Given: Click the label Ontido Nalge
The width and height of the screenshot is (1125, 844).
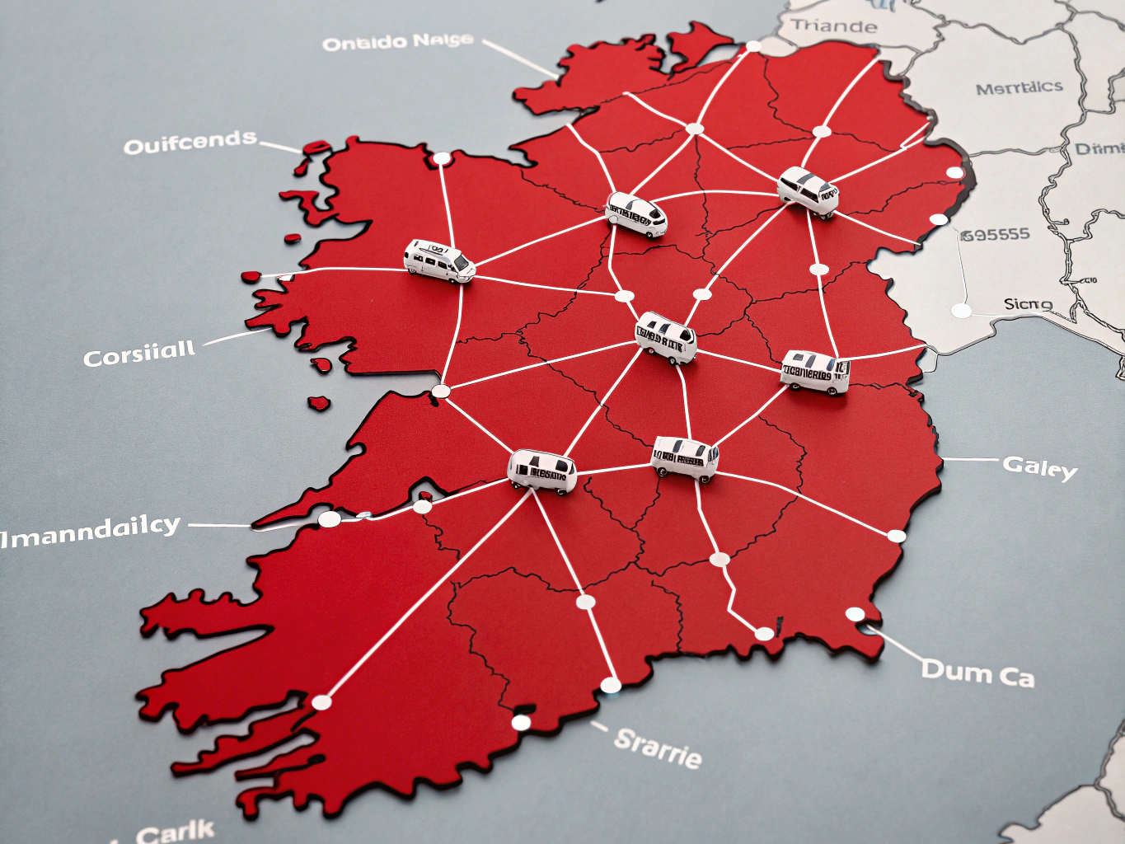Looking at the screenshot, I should pos(397,41).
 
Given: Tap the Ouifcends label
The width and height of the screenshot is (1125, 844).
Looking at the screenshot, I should pos(190,143).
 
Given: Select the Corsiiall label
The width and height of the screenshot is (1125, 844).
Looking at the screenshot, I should pos(139,354).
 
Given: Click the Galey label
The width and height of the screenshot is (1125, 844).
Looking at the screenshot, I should pos(1039,467).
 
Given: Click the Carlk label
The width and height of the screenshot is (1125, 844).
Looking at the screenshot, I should pos(175,831).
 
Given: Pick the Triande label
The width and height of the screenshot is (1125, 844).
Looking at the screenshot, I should pos(834,26).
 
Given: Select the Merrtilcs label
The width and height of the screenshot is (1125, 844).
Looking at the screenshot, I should pos(1019,87).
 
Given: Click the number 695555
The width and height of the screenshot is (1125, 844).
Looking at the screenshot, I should pos(996,235).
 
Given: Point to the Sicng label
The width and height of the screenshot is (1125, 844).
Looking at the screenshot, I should pos(1028,304).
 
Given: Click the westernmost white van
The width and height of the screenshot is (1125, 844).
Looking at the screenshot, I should pos(438,261).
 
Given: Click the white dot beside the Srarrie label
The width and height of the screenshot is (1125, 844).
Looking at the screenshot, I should pos(521,723).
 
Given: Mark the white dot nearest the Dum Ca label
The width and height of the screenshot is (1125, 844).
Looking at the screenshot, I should pos(855,614).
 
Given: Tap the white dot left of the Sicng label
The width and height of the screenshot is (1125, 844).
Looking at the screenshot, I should pos(961,311).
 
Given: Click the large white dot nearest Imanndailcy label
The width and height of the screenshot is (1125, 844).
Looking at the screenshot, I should pos(329,518).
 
